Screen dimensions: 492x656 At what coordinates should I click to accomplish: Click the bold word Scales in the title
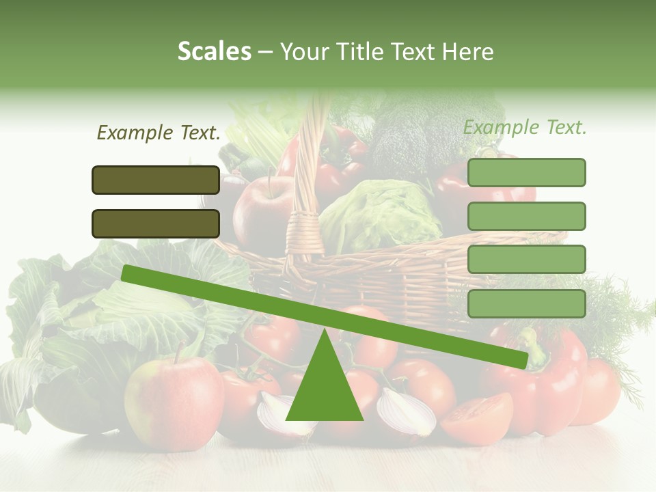pos(214,52)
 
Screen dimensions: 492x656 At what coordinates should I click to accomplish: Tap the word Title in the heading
pos(361,52)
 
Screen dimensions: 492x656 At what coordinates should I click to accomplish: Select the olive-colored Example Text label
pos(159,133)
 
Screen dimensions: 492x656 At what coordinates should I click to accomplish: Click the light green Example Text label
pos(525,127)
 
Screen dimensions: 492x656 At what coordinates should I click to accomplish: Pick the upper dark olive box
pos(156,180)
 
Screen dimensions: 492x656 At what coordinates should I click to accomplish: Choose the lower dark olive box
pos(156,223)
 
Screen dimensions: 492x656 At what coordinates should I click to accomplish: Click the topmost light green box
pos(526,172)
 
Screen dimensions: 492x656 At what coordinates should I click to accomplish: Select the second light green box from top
pos(526,216)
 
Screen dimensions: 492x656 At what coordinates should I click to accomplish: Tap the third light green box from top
pos(526,260)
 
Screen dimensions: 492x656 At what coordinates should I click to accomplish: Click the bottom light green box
pos(526,303)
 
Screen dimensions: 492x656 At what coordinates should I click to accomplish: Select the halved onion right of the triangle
pos(407,413)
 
